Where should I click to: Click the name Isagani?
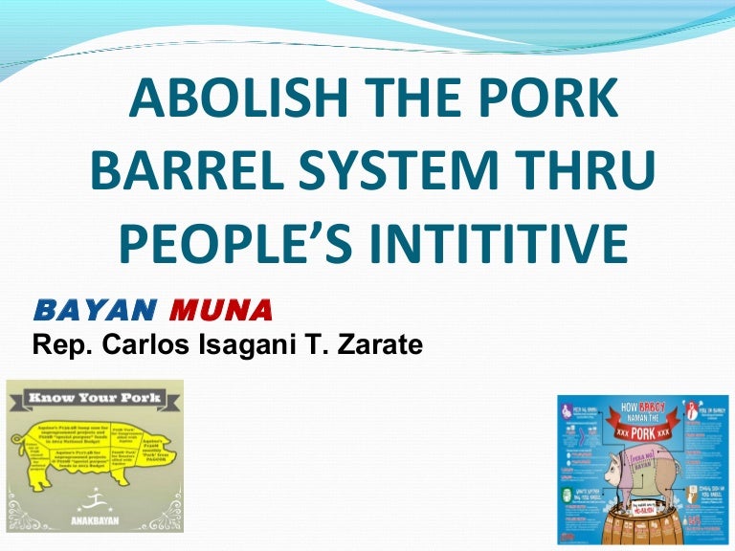[224, 342]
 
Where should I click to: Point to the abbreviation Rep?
[55, 342]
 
